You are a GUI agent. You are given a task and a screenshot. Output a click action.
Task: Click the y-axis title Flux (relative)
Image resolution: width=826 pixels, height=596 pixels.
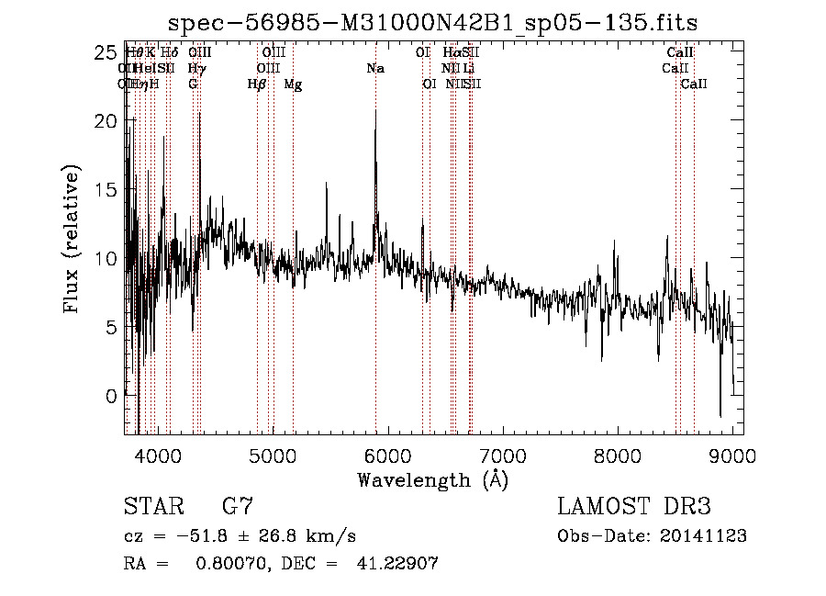pos(72,239)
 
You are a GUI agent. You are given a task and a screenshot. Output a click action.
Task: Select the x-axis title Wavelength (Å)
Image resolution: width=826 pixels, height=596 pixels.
pos(432,479)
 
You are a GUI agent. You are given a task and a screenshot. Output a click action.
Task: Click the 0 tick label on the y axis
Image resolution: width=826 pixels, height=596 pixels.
pos(112,396)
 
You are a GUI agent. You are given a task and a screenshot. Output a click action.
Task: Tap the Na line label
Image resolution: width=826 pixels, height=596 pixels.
pos(374,69)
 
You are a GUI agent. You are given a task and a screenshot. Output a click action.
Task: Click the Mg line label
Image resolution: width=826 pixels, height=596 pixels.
pos(293,84)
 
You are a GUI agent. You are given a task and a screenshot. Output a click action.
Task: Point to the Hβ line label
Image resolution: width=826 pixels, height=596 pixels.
pos(257,84)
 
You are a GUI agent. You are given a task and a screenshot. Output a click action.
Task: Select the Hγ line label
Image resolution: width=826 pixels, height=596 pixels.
pos(196,69)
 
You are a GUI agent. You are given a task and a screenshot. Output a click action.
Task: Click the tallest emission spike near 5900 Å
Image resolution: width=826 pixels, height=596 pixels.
pos(375,112)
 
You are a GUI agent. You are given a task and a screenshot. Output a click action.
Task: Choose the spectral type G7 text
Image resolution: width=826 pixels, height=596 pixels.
pos(238,507)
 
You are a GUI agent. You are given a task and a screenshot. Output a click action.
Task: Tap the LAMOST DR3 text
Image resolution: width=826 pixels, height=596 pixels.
pos(634,507)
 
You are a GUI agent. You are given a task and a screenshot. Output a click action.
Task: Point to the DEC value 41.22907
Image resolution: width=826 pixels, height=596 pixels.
pos(396,564)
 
